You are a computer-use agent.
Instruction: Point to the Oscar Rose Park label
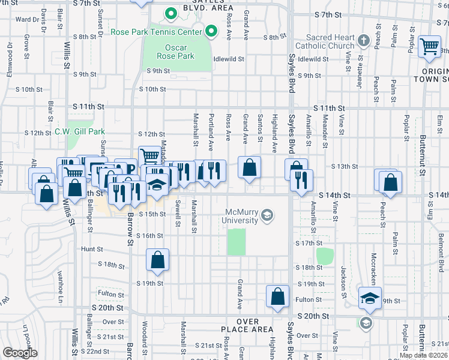pos(179,52)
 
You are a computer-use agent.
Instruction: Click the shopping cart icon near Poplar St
pos(430,47)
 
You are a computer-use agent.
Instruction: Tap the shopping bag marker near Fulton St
pos(277,296)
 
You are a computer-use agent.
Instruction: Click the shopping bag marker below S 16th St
pos(157,260)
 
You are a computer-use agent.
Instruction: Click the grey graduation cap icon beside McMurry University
pos(268,215)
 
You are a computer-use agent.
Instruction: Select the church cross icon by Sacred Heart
pos(363,41)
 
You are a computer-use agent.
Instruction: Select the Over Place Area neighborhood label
pos(247,326)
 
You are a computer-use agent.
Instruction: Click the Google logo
pos(20,353)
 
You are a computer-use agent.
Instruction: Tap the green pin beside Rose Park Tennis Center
pos(211,31)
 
